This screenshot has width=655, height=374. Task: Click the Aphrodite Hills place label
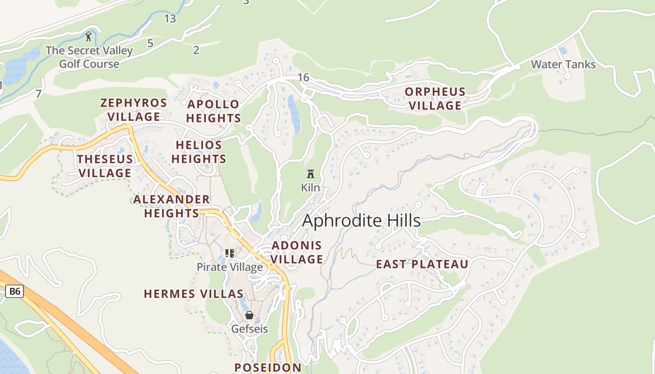point(361,221)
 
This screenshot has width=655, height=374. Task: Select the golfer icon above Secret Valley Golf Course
point(88,36)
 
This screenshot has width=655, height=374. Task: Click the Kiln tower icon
point(310,174)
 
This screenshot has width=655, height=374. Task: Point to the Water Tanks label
point(563,65)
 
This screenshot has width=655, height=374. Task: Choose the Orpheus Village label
point(435,99)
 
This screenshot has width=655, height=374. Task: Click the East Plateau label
point(422,265)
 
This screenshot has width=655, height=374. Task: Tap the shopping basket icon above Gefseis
point(249,316)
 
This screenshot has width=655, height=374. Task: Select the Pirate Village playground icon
point(229,253)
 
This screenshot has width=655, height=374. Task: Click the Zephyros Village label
point(133,109)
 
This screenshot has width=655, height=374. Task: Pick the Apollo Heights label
point(214,111)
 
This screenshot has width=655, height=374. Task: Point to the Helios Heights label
point(199,152)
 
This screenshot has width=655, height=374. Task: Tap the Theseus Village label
point(105,166)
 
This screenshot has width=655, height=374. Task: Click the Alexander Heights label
point(172,206)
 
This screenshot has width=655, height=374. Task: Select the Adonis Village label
point(297,252)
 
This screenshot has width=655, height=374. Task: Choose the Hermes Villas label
point(194,294)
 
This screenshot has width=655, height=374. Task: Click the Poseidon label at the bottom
point(268,367)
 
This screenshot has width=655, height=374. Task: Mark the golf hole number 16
point(303,78)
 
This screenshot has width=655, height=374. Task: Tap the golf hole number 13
point(170,19)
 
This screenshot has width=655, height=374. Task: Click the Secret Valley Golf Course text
point(89,57)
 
